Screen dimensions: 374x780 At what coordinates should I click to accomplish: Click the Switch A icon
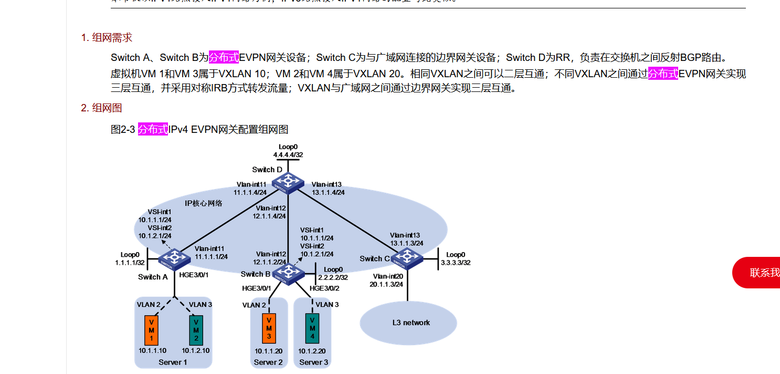[175, 257]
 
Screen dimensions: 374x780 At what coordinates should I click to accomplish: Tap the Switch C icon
[406, 257]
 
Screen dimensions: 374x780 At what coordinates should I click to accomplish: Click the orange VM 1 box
[151, 330]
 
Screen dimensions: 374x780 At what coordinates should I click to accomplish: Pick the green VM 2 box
[196, 330]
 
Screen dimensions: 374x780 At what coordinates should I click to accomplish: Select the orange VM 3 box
[269, 328]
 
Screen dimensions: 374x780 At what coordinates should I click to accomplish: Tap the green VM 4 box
[313, 328]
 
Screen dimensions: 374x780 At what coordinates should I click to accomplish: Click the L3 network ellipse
[408, 323]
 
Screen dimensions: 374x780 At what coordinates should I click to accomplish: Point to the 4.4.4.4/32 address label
[288, 155]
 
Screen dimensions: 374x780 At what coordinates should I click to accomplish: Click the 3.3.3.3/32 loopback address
[455, 263]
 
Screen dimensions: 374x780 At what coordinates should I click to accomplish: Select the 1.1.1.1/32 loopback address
[130, 263]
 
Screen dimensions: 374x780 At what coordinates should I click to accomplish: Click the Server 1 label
[173, 362]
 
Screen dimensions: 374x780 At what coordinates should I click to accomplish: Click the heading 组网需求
[112, 38]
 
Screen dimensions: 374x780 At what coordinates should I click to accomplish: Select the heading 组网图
[107, 108]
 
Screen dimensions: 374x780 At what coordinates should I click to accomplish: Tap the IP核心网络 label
[204, 203]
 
